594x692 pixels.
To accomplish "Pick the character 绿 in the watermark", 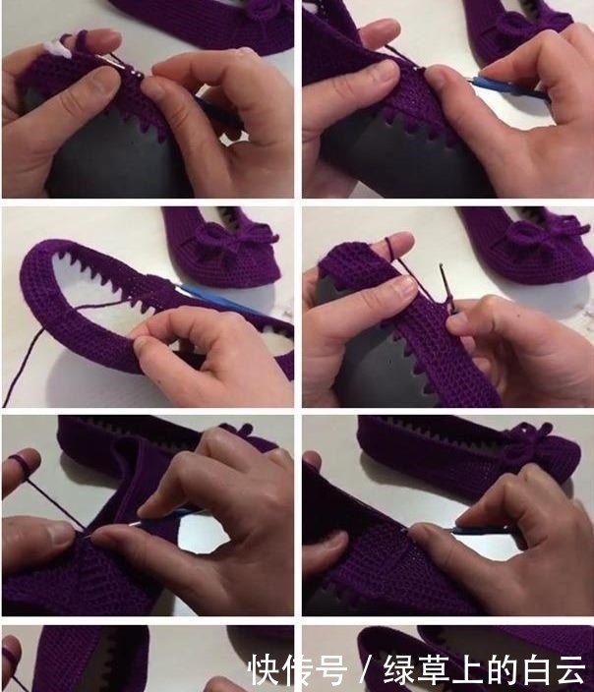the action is pos(400,670).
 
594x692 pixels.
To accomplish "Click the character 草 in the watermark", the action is pos(434,670).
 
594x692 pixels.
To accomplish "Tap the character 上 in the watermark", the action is pos(468,670).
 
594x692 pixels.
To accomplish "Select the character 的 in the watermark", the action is pos(502,670).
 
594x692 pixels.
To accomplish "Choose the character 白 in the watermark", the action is pos(535,670).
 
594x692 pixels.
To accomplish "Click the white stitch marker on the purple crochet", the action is pos(61,48).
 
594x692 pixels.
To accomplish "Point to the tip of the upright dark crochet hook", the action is pos(441,266).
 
